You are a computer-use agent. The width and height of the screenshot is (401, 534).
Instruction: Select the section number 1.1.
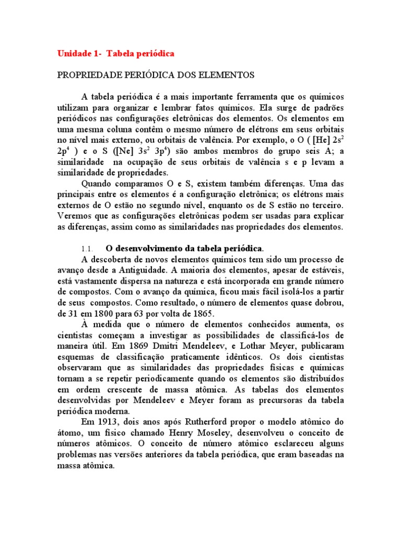pos(87,247)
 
